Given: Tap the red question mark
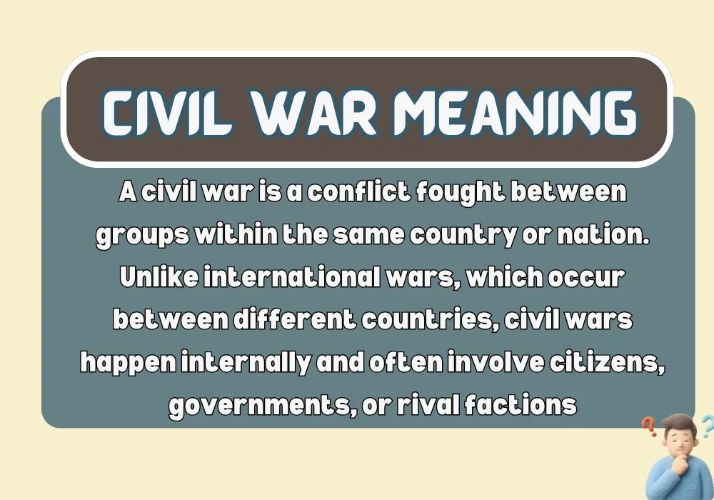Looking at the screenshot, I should pyautogui.click(x=649, y=427).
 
